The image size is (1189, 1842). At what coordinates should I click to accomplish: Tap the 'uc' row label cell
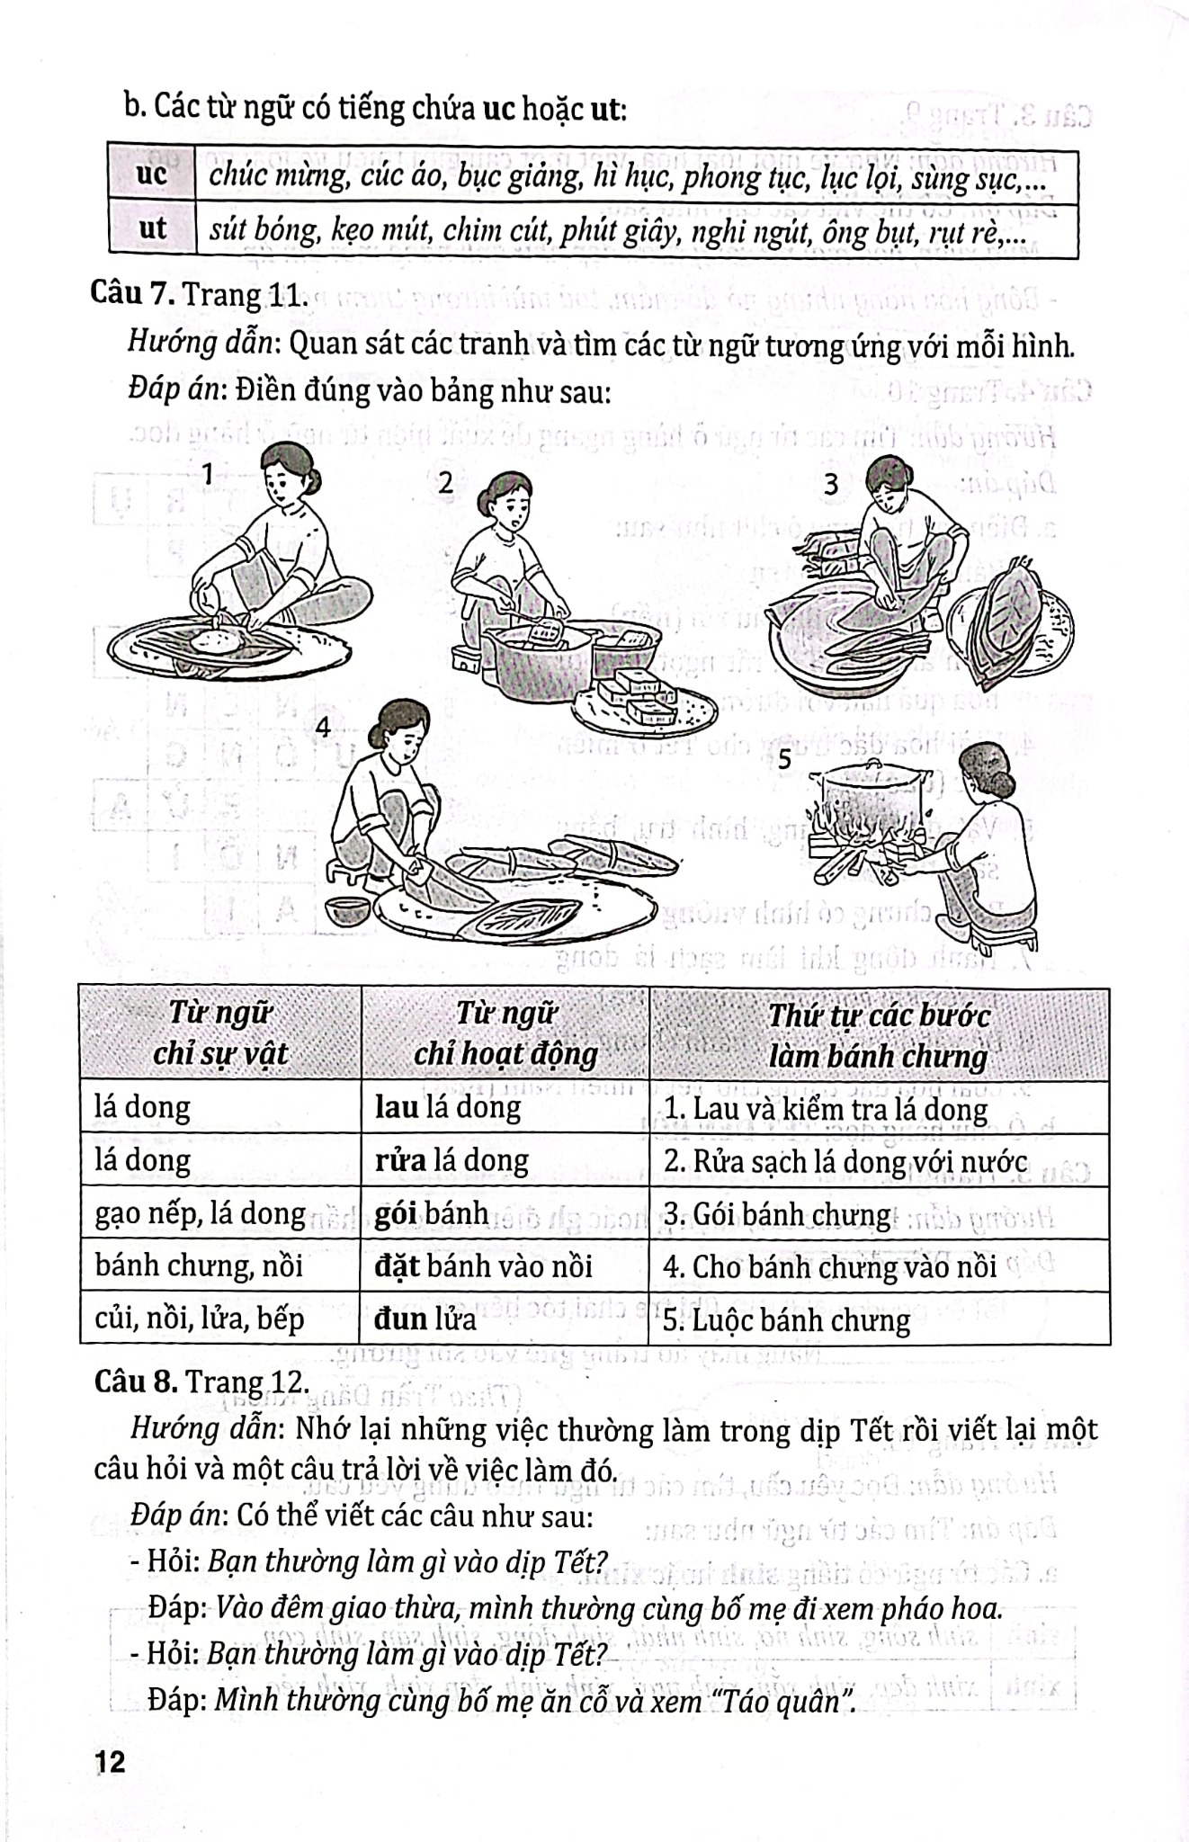[151, 175]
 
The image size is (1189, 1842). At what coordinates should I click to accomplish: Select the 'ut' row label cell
[152, 229]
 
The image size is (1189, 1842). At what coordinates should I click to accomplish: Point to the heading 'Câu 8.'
[137, 1381]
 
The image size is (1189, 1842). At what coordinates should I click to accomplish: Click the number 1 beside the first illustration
[208, 474]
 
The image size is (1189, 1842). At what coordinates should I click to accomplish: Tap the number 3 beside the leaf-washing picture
[831, 485]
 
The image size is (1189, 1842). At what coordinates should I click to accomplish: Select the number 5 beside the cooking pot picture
[784, 759]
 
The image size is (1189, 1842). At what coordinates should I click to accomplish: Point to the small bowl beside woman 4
[346, 910]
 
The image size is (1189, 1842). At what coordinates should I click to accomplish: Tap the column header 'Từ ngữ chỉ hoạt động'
[505, 1033]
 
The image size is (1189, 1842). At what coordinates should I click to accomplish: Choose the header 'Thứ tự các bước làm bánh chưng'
[878, 1034]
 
